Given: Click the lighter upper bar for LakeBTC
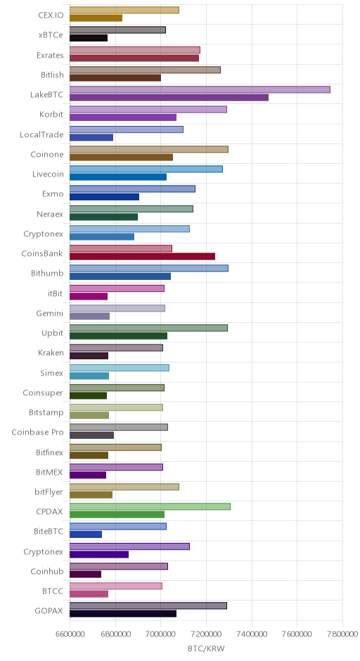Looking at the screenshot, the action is (200, 89).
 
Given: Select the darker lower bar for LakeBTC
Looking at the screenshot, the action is (169, 98).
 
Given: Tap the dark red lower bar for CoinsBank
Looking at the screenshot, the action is (143, 256).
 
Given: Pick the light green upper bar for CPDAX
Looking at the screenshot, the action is (150, 506).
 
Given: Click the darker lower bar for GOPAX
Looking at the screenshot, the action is (123, 614).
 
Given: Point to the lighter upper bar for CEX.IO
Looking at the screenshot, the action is (124, 10).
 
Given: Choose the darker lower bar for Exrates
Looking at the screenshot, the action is (134, 58).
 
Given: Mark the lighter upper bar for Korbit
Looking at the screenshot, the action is (148, 109).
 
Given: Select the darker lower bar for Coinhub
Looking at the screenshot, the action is (86, 575).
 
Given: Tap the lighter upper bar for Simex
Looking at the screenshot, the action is (120, 368).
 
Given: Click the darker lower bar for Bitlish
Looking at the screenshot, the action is (115, 78).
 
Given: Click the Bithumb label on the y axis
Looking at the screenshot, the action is (47, 273).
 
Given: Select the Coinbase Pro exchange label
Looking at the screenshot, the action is (37, 432).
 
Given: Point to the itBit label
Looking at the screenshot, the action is (56, 293).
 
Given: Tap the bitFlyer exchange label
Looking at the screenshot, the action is (49, 492).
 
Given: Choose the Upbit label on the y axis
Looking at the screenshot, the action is (52, 333).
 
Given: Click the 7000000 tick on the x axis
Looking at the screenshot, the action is (160, 634).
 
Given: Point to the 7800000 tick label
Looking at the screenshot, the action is (342, 634).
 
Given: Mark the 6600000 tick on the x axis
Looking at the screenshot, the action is (70, 634).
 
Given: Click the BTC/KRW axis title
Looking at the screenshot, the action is (206, 649).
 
